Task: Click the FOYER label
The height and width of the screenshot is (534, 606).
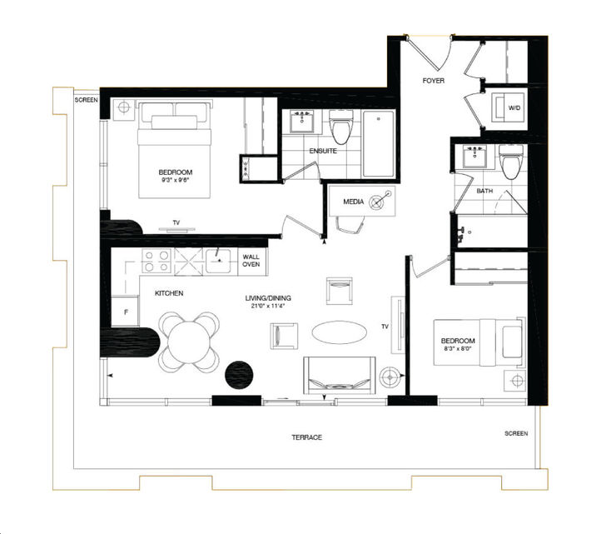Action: tap(433, 82)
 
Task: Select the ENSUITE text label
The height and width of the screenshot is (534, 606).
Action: tap(323, 152)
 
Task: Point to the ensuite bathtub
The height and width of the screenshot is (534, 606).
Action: tap(379, 143)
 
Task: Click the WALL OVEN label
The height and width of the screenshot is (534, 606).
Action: tap(251, 260)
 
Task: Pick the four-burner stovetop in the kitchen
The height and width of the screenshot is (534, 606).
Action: tap(156, 261)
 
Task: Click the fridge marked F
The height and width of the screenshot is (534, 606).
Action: tap(126, 312)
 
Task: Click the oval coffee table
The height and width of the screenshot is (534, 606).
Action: tap(339, 332)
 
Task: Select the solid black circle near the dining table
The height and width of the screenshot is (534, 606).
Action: tap(240, 374)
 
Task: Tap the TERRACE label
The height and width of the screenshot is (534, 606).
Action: tap(307, 437)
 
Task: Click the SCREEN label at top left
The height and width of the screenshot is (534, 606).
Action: tap(86, 100)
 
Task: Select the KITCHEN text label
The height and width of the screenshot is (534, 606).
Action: tap(168, 293)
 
